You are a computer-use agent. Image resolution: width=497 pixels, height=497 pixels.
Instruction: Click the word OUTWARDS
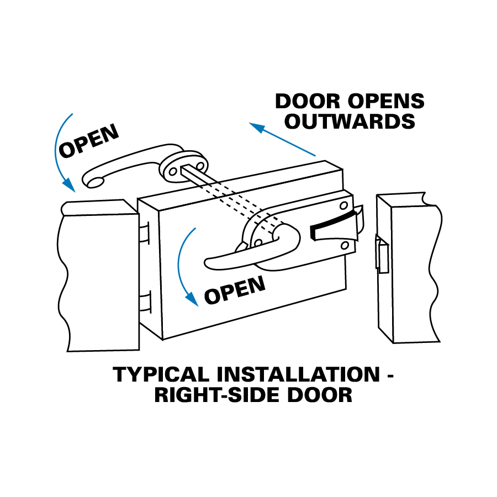[x=350, y=121]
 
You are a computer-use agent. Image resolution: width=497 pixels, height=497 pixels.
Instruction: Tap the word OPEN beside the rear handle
[x=88, y=141]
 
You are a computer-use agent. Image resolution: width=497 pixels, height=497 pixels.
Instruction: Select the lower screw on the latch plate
[x=345, y=245]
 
